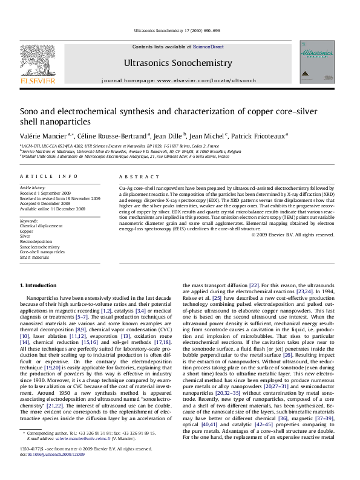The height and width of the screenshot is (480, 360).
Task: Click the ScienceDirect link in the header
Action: (209, 47)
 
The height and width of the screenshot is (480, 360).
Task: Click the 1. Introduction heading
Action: (39, 285)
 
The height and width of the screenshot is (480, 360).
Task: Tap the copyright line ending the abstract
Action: (300, 235)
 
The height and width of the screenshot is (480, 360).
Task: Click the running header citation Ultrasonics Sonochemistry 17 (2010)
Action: (180, 30)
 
